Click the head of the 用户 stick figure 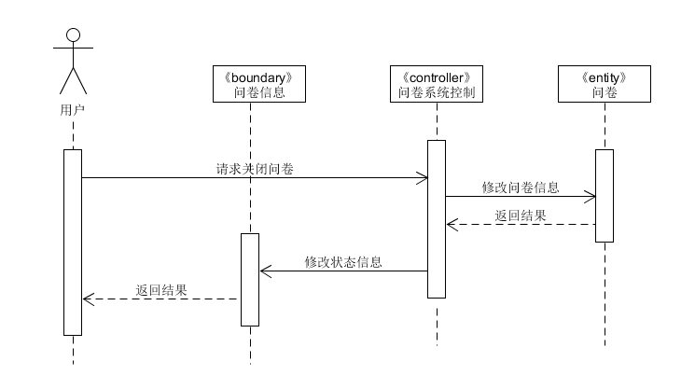tap(73, 36)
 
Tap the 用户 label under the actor tap(73, 109)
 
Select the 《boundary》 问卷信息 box tap(250, 84)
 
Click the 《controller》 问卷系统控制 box tap(437, 84)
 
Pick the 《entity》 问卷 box tap(605, 84)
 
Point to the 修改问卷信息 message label tap(521, 188)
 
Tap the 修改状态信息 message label tap(343, 262)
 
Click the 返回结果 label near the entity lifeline tap(521, 215)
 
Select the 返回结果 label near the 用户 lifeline tap(161, 290)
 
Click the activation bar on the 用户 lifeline tap(73, 242)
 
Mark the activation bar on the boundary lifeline tap(250, 279)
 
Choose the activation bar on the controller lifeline tap(437, 219)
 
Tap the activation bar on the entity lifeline tap(605, 196)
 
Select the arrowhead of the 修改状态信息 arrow tap(263, 271)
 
